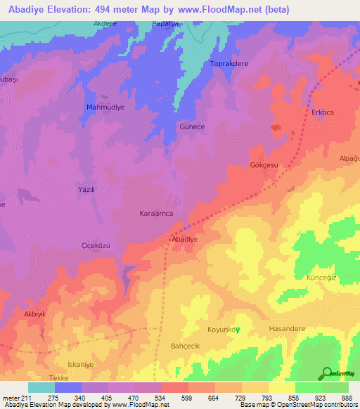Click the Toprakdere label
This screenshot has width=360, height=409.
[230, 64]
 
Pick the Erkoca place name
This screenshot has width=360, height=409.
[323, 112]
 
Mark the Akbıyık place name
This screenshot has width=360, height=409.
[35, 314]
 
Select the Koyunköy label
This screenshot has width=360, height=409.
[224, 330]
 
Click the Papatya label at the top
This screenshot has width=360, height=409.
[166, 23]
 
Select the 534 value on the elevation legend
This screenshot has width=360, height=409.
[148, 397]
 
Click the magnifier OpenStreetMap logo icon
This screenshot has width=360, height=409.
[327, 373]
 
